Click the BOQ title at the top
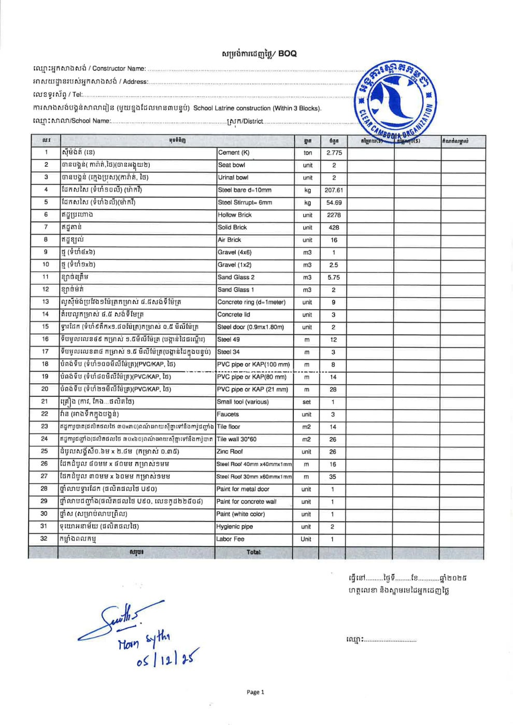pos(259,53)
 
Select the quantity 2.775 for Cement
pos(334,153)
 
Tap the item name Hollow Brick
pos(235,215)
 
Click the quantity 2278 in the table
pos(334,215)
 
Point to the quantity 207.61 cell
pos(334,190)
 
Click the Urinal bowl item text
pos(233,178)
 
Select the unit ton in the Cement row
pos(308,153)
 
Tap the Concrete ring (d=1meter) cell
pos(251,302)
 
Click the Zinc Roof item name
pos(230,452)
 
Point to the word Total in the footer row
pos(254,553)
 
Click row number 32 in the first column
pos(44,539)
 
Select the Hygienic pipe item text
pos(235,527)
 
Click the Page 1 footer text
pos(255,692)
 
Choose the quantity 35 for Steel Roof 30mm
pos(333,477)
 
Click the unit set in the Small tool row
pos(307,402)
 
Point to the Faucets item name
pos(228,414)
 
